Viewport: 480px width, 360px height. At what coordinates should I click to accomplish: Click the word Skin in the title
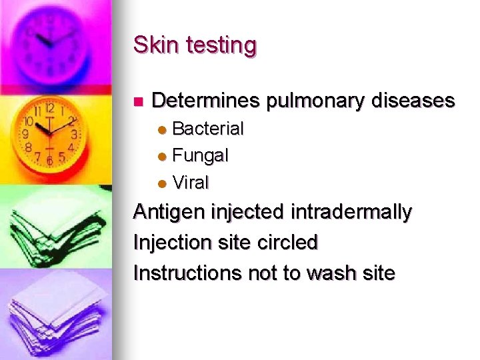tap(151, 45)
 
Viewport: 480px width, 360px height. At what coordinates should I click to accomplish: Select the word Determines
tap(206, 101)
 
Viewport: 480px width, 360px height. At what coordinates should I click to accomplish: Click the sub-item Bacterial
tap(208, 129)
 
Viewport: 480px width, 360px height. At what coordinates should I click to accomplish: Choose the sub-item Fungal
tap(200, 156)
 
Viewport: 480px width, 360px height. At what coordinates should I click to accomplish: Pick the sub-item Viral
tap(191, 182)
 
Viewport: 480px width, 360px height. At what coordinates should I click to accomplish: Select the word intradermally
tap(351, 213)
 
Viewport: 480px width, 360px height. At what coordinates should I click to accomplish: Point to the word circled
tap(288, 243)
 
